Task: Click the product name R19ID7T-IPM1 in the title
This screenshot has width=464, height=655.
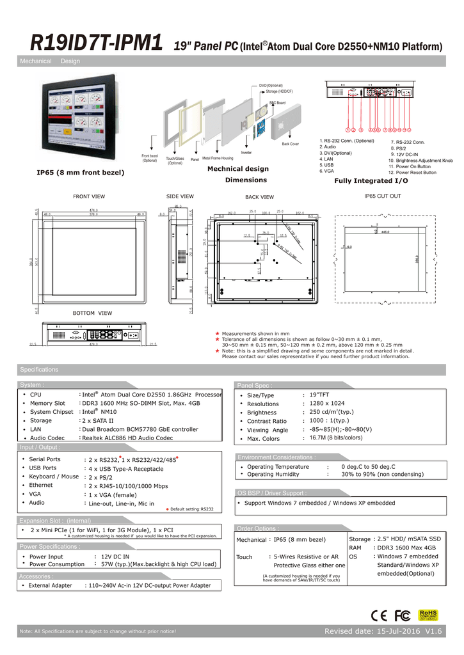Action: click(x=96, y=43)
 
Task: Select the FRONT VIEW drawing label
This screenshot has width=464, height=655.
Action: click(x=90, y=196)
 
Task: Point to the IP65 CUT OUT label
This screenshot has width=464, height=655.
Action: click(x=382, y=196)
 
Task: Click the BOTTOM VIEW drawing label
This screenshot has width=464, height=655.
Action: click(x=92, y=313)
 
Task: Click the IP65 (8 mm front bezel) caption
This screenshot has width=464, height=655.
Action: click(x=81, y=173)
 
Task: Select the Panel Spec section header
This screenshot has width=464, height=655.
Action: click(x=255, y=385)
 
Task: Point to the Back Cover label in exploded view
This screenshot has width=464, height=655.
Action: click(x=290, y=144)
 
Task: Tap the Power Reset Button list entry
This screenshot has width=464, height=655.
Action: click(x=412, y=172)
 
